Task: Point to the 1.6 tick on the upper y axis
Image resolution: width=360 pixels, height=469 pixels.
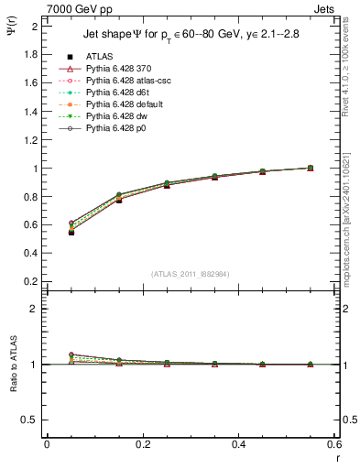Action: [32, 82]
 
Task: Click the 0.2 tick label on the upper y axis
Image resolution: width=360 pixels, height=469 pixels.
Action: [32, 282]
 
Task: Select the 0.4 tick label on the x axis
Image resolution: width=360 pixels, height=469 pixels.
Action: [237, 444]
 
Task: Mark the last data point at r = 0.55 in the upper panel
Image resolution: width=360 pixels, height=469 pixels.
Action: [310, 168]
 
